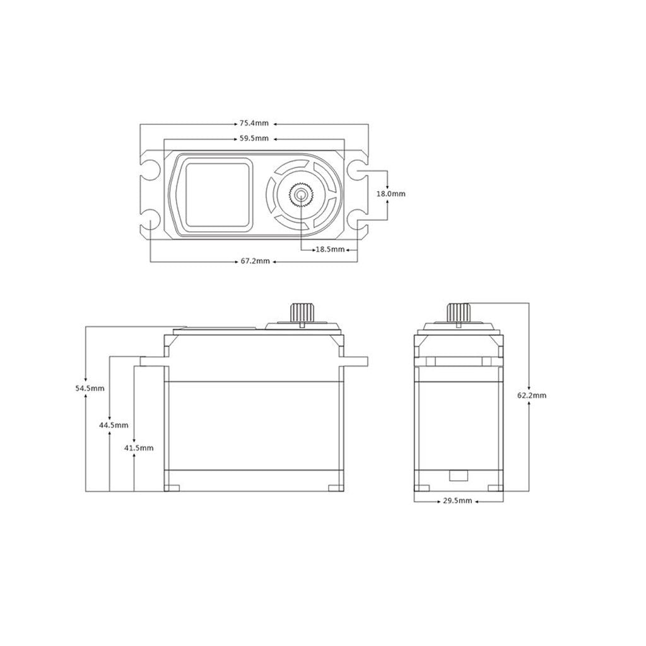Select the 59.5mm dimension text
[254, 138]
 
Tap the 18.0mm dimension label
[391, 194]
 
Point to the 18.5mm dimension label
[330, 250]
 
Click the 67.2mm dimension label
[254, 261]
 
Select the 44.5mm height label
[114, 425]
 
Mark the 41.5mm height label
[139, 447]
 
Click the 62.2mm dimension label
[531, 396]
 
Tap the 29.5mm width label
[457, 500]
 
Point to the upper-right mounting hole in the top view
[358, 170]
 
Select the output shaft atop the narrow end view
[459, 312]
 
